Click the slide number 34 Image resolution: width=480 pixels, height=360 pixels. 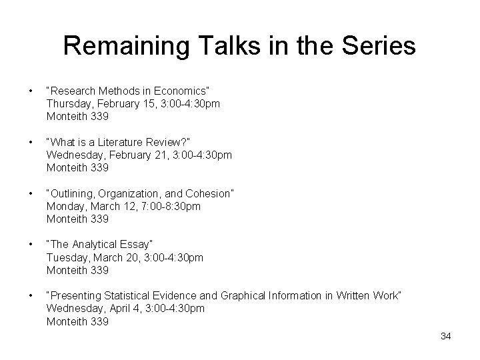tap(446, 336)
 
